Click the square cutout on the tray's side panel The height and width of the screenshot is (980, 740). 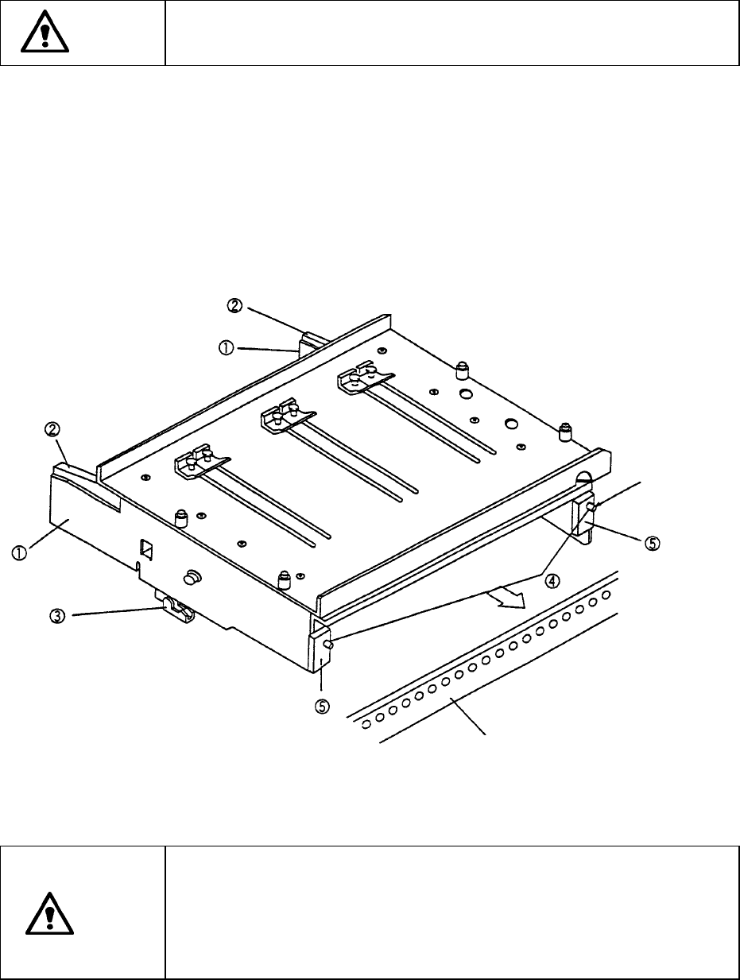coord(146,548)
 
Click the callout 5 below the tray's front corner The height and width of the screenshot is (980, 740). coord(322,705)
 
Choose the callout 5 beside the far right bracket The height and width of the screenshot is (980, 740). coord(651,543)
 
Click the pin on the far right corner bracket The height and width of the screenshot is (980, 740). coord(591,506)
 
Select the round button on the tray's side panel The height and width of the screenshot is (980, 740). coord(192,575)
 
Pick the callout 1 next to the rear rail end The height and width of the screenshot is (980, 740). coord(227,348)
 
